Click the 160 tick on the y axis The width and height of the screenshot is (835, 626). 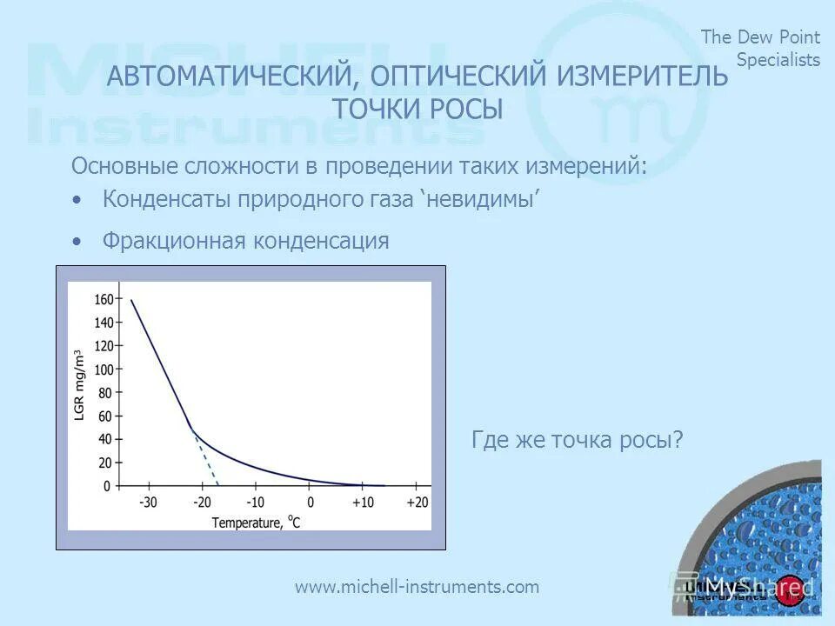(x=104, y=299)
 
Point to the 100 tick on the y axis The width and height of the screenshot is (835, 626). (x=104, y=370)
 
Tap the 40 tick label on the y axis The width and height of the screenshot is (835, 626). (x=104, y=439)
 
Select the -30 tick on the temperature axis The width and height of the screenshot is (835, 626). (x=148, y=503)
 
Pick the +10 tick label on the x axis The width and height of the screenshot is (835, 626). (x=363, y=503)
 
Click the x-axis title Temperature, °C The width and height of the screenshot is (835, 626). (x=256, y=523)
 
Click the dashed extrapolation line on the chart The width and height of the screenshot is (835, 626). (x=207, y=462)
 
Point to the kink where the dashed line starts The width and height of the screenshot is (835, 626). (x=192, y=429)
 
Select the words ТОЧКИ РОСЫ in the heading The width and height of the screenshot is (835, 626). (x=417, y=110)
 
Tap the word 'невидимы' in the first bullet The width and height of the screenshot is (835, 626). (x=480, y=199)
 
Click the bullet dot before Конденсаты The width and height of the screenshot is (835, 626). (x=78, y=200)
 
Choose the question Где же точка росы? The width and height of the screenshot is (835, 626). (x=577, y=440)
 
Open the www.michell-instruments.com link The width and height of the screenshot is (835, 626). (x=417, y=587)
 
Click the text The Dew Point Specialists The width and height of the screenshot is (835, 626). (x=761, y=48)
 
